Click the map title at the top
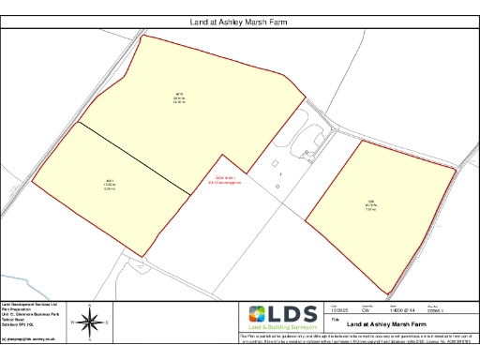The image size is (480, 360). click(239, 19)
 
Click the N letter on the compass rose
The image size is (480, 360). click(89, 307)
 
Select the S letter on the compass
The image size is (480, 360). click(89, 338)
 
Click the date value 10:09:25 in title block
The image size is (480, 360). click(339, 310)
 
